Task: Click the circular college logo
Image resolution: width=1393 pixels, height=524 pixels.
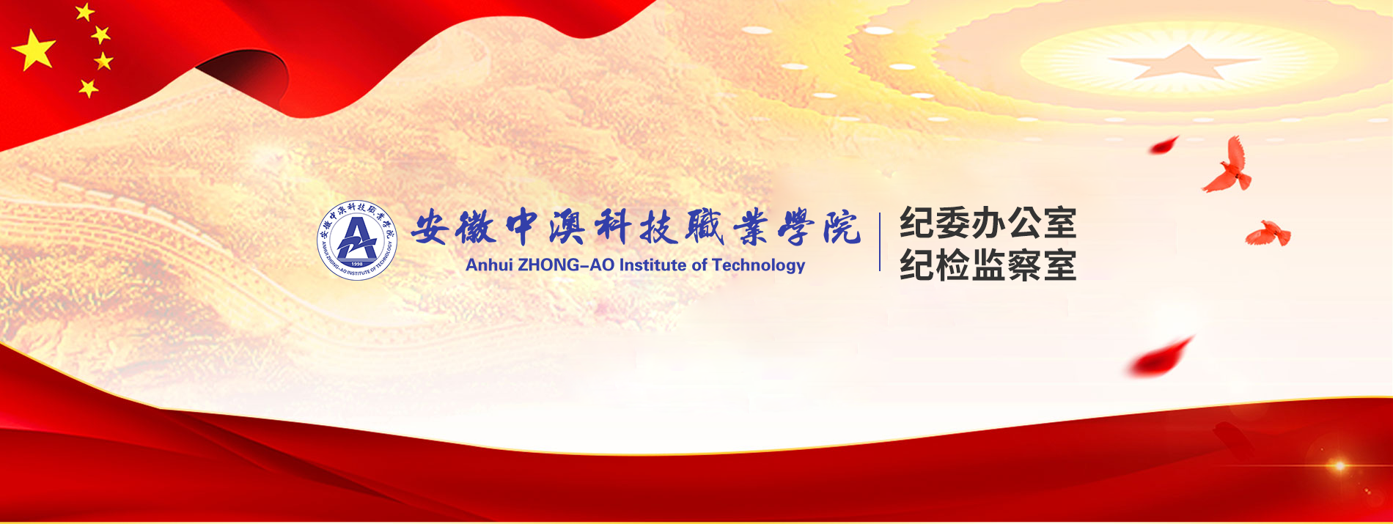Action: tap(357, 240)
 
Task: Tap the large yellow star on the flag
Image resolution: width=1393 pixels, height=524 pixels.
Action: tap(34, 50)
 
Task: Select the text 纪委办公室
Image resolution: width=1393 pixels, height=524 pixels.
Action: tap(988, 223)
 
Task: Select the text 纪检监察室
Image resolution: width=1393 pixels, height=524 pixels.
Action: tap(988, 265)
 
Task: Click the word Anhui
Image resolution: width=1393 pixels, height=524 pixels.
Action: tap(489, 265)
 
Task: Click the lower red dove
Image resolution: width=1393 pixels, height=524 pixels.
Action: tap(1269, 233)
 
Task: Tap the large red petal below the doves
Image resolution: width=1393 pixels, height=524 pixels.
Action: tap(1160, 357)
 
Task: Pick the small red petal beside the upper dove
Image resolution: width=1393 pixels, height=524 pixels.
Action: tap(1164, 145)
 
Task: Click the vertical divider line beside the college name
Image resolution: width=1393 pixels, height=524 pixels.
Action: tap(880, 242)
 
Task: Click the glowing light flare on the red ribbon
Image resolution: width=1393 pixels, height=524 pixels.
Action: tap(1339, 465)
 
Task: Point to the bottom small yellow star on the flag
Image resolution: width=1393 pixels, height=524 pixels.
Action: tap(89, 89)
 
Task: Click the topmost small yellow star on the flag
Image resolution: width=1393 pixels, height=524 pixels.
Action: tap(85, 12)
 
